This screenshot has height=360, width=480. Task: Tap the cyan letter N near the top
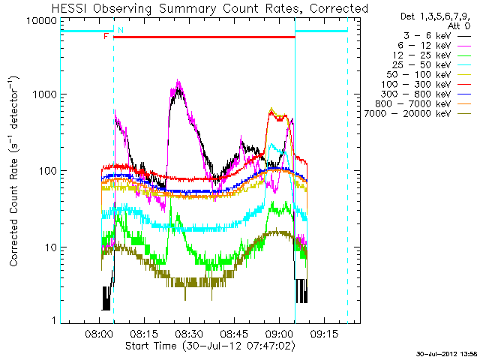pyautogui.click(x=121, y=30)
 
